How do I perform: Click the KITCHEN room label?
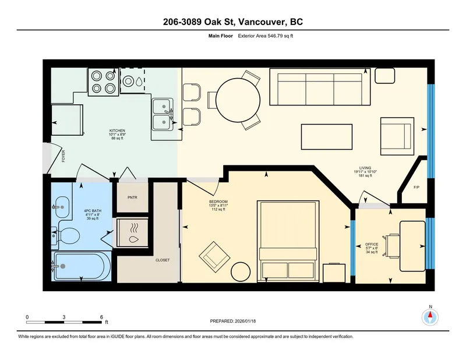[x=118, y=130]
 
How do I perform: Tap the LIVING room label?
[x=365, y=168]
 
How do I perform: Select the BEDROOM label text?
[x=218, y=202]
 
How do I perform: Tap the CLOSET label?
[x=162, y=260]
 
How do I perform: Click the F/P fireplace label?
[x=416, y=188]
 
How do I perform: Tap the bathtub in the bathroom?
[x=80, y=267]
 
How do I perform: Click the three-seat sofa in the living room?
[x=319, y=87]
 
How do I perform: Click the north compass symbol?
[x=430, y=317]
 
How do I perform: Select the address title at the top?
[x=232, y=22]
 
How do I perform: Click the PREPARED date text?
[x=232, y=321]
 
